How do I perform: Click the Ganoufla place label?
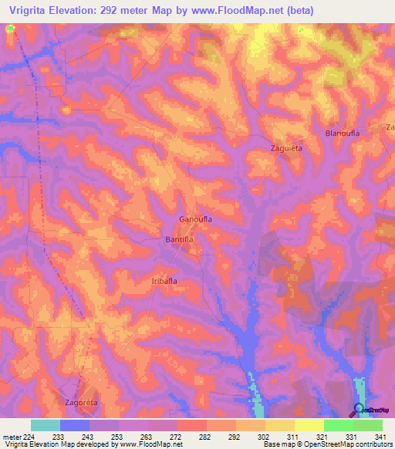coord(195,219)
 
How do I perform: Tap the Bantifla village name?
coord(178,240)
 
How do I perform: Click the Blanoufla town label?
coord(343,133)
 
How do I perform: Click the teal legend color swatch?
coord(46,425)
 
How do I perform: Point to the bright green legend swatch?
coord(338,425)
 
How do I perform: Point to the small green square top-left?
coord(10,29)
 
